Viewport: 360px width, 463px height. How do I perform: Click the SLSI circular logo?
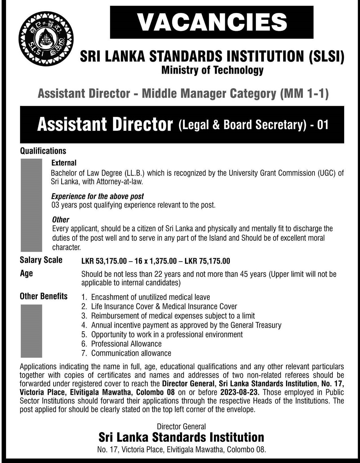click(x=46, y=39)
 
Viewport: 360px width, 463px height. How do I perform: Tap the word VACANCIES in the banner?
click(x=212, y=22)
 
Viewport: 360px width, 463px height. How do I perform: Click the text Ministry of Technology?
click(x=212, y=70)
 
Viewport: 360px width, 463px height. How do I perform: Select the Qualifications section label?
click(x=43, y=151)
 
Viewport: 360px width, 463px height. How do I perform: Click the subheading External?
click(x=64, y=163)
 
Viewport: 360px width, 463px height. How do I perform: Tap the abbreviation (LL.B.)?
click(x=134, y=173)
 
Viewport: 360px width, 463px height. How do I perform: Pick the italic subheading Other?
click(x=61, y=219)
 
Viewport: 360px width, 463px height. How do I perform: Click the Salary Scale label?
click(x=41, y=260)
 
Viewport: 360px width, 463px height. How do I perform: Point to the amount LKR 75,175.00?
click(x=207, y=261)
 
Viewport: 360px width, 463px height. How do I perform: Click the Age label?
click(x=26, y=274)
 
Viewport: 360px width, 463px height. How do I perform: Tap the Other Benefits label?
click(x=44, y=296)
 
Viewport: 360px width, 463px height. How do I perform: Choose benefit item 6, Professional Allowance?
click(x=126, y=344)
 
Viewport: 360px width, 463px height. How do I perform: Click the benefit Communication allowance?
click(x=131, y=353)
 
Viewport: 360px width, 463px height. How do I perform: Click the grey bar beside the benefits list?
click(x=31, y=331)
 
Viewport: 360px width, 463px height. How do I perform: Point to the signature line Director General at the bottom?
click(x=181, y=426)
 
